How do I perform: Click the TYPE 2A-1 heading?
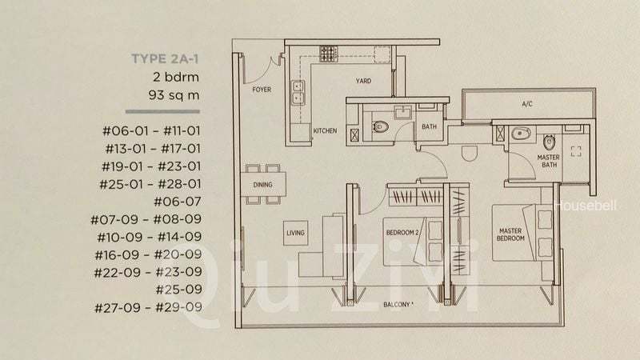point(164,58)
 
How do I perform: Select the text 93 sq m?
point(174,96)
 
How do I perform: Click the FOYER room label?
point(261,90)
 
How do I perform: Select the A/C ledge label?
point(527,104)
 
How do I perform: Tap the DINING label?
point(262,185)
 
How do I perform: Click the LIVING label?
point(295,233)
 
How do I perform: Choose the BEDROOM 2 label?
point(403,232)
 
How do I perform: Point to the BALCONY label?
point(398,305)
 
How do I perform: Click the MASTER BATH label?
point(549,162)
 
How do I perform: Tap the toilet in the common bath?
point(380,125)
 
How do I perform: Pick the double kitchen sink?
point(297,93)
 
